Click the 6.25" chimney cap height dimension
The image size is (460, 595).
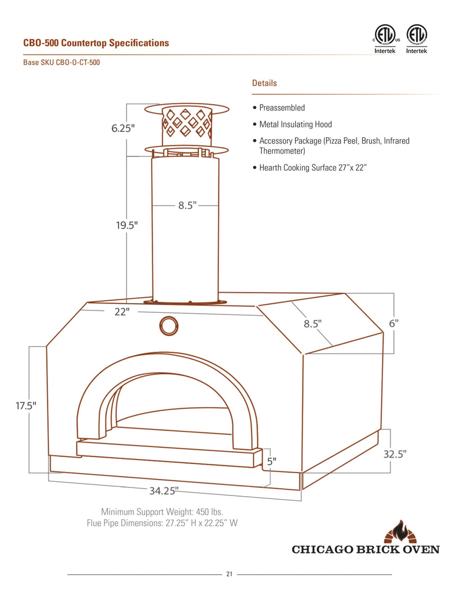click(x=123, y=128)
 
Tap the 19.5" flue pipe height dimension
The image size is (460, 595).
click(x=125, y=225)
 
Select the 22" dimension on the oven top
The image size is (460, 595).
click(x=121, y=311)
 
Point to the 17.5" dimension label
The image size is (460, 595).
click(x=26, y=405)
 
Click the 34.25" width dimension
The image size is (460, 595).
click(x=164, y=490)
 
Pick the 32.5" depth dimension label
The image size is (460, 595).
click(x=395, y=454)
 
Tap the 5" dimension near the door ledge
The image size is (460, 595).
click(x=271, y=460)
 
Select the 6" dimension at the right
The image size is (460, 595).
click(x=394, y=323)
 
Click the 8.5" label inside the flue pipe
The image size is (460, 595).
click(x=186, y=205)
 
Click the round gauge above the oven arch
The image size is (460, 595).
click(x=169, y=325)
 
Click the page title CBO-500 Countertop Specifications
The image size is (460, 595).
click(x=96, y=43)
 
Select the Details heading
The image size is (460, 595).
click(x=264, y=83)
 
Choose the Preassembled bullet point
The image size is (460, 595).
click(x=282, y=108)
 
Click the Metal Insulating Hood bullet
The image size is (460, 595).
click(x=295, y=124)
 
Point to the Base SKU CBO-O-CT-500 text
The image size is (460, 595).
click(x=62, y=63)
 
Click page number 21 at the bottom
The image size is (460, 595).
click(x=229, y=574)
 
